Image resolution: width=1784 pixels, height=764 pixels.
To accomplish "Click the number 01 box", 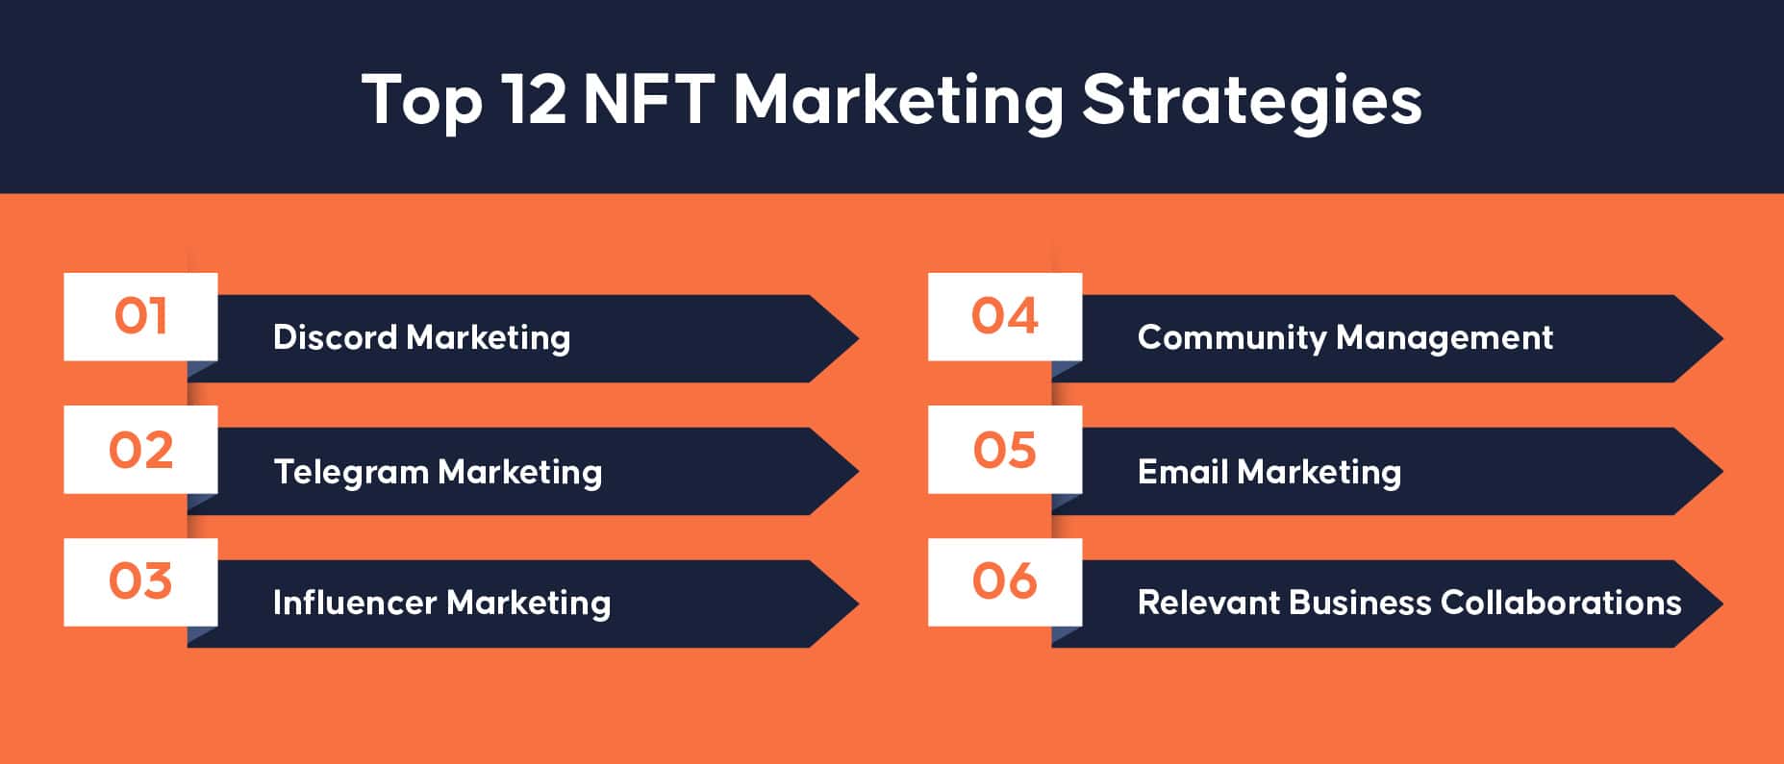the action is (x=140, y=317).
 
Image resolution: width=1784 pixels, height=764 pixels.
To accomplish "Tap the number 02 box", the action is (x=140, y=450).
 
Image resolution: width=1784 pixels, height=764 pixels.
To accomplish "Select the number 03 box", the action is (x=140, y=582).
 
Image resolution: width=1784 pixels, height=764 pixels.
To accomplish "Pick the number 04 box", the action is (x=1005, y=317).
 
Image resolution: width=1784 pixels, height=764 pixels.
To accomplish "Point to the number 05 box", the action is (x=1005, y=450).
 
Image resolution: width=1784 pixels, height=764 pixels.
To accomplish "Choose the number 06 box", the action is (x=1005, y=582).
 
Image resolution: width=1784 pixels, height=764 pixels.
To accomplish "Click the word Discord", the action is (x=335, y=337).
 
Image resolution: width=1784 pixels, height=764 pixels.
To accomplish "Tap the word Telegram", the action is (x=350, y=473).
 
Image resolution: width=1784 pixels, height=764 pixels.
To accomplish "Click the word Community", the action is (x=1231, y=338).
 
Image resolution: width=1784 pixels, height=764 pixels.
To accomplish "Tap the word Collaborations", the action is (x=1561, y=603).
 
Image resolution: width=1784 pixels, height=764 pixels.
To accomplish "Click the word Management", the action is (x=1445, y=338).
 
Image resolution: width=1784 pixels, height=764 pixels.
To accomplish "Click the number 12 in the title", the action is (x=535, y=99).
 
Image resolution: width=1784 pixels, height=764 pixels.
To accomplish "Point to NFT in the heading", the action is (x=648, y=99).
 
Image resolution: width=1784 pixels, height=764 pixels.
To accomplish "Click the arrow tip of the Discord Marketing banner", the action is (x=858, y=338).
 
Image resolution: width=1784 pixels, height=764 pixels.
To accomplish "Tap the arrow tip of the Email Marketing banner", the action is (x=1721, y=471).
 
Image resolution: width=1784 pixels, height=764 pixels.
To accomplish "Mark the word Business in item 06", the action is (x=1359, y=603).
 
